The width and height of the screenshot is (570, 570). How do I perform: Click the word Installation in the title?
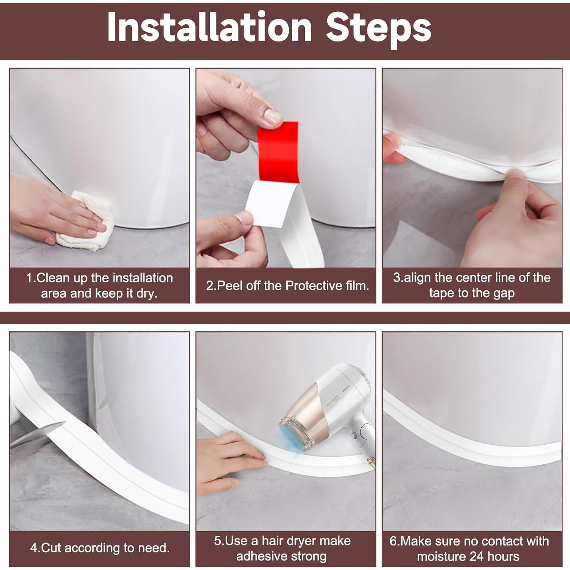(209, 27)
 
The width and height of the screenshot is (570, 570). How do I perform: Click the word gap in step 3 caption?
(503, 293)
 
